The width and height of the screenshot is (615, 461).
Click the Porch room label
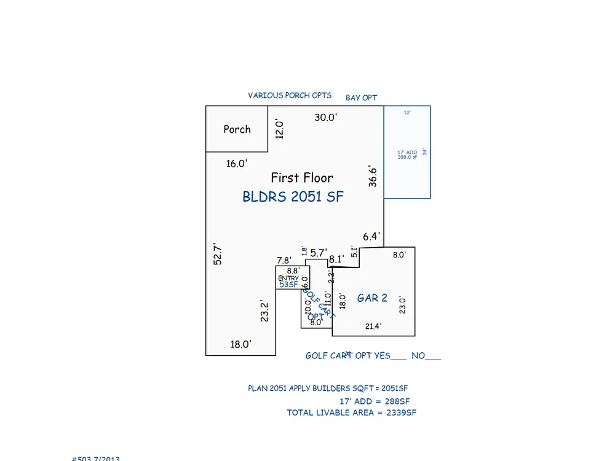tap(237, 129)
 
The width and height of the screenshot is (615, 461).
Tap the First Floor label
tap(302, 178)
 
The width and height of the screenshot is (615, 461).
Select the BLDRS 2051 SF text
tap(293, 197)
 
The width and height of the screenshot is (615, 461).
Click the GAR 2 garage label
tap(372, 298)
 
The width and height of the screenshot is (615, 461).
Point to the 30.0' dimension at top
tap(326, 117)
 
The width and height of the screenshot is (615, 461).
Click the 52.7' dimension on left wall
tap(217, 254)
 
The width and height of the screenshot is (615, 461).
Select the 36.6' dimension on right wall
tap(373, 176)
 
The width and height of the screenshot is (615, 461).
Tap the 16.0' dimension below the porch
tap(237, 164)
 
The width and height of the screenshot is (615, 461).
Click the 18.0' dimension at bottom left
tap(240, 344)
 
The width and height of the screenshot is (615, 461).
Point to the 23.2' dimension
tap(265, 311)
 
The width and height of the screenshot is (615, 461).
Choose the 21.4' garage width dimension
tap(373, 326)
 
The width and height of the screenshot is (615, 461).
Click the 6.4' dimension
tap(371, 236)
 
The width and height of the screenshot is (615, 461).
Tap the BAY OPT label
tap(361, 98)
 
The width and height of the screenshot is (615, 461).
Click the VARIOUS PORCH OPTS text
tap(290, 95)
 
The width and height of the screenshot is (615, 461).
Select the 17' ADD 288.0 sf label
tap(407, 154)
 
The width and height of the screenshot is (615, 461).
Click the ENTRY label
tap(288, 278)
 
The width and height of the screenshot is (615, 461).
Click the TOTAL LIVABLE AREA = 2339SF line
tap(351, 412)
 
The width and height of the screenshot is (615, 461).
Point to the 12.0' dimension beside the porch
tap(279, 130)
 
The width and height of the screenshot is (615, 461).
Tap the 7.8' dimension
tap(284, 261)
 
